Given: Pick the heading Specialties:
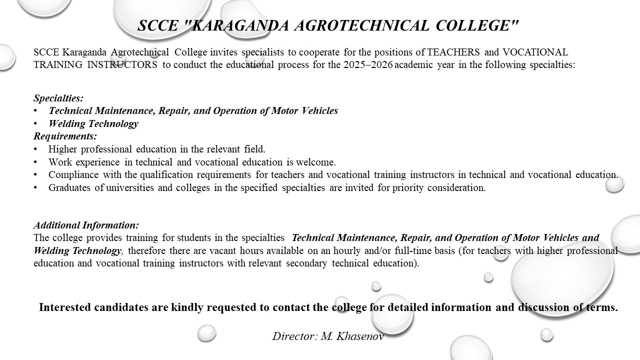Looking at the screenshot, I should [58, 98].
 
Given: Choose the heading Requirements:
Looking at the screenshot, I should [65, 136].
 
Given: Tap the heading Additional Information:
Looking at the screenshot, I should [86, 225].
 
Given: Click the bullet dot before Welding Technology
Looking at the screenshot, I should [35, 123].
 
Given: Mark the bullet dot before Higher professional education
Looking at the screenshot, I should [35, 149].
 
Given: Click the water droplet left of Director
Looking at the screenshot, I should [206, 332].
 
